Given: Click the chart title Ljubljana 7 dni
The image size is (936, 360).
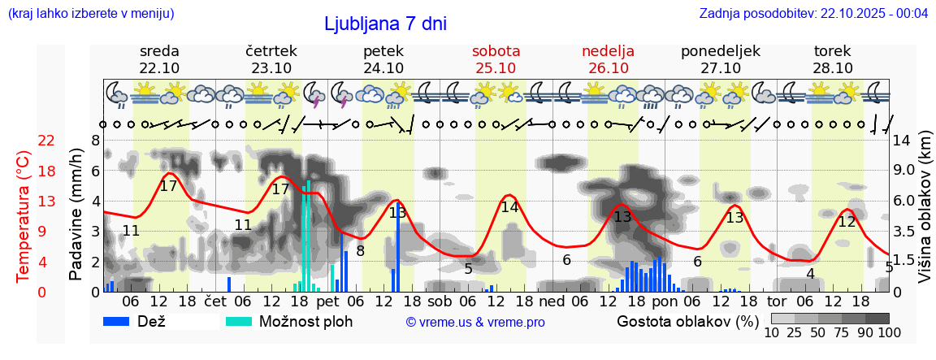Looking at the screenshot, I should point(385,24).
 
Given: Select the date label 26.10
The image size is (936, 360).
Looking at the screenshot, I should point(608,68).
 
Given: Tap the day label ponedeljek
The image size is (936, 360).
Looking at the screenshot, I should point(720,51).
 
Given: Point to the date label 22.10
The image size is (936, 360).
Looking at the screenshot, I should point(159,68).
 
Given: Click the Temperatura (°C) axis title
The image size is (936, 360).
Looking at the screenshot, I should point(24,216).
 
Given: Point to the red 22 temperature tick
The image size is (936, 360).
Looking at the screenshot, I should point(46,141).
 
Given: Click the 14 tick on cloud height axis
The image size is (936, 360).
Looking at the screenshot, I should point(901,141).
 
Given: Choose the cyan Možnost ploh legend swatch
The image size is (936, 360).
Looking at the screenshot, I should point(240,321).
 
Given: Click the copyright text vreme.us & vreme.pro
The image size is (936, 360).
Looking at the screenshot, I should point(475,323).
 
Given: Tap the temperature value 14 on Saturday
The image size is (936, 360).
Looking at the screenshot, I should point(509,207).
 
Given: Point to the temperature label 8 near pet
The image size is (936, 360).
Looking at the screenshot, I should point(360,251).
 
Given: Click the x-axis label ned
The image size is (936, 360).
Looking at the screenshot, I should point(552,301).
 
